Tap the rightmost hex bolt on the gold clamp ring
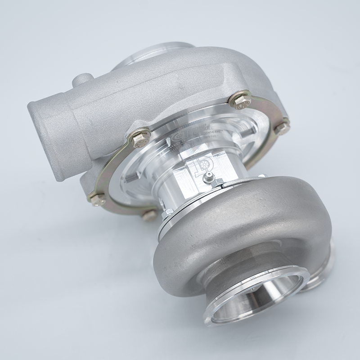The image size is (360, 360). pyautogui.click(x=283, y=128)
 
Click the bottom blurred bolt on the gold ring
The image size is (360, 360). pyautogui.click(x=149, y=215)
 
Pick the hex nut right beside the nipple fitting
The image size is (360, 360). pyautogui.click(x=219, y=182)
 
